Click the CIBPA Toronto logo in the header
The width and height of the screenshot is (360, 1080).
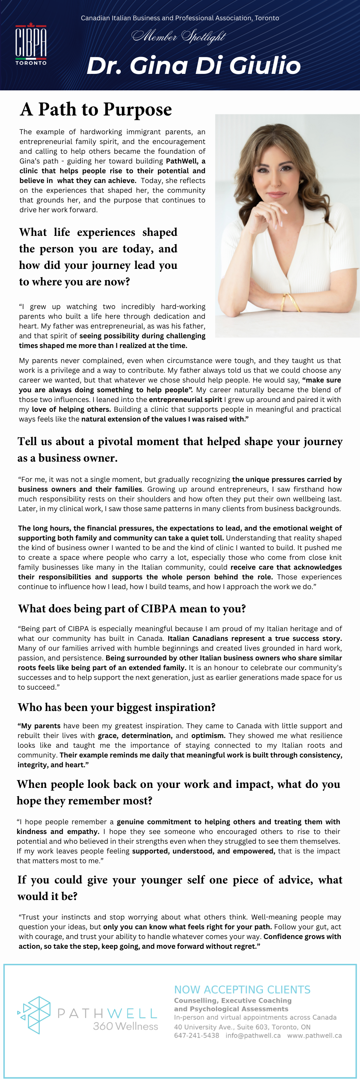[x=31, y=44]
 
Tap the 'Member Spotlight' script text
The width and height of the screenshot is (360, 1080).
[x=179, y=36]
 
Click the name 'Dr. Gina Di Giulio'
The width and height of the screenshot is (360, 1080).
[x=193, y=65]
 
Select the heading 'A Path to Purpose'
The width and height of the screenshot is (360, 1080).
[x=96, y=109]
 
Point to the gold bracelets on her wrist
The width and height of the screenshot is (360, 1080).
[x=290, y=301]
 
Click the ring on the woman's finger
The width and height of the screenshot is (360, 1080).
[x=271, y=206]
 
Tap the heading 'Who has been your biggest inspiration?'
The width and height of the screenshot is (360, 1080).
[x=117, y=707]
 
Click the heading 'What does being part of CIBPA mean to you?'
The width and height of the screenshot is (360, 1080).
[x=132, y=609]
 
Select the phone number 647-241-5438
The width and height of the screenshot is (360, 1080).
[x=196, y=1035]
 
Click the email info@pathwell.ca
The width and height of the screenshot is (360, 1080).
[x=253, y=1035]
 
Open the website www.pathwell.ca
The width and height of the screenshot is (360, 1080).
[x=314, y=1035]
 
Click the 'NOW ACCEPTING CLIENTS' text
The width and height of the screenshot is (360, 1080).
[x=242, y=990]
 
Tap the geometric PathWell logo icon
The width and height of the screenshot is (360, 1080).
[x=34, y=1015]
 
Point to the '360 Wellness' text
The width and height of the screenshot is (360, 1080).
[x=125, y=1026]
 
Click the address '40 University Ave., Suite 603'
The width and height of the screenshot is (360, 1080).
[x=220, y=1027]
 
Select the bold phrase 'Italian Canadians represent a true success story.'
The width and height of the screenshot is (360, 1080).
[x=254, y=639]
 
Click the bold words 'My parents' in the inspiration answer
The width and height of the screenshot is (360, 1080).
[x=40, y=726]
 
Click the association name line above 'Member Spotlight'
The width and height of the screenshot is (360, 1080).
[x=180, y=18]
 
